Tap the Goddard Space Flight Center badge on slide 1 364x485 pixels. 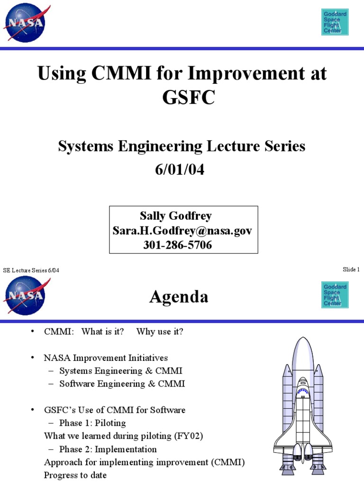pos(335,22)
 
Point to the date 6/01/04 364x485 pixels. pos(182,170)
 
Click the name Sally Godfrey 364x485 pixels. pos(175,216)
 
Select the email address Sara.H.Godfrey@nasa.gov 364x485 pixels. pos(182,231)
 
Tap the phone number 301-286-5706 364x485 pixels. pos(178,245)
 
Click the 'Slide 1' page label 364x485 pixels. pos(351,269)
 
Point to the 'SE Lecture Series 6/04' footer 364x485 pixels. pos(32,270)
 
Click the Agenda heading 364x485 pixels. pos(179,297)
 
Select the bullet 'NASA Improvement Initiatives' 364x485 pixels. pos(106,358)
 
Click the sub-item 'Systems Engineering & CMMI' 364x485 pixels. pos(120,371)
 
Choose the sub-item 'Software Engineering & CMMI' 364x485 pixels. pos(122,384)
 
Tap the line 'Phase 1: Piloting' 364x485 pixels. pos(92,423)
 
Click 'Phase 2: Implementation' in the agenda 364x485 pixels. pos(108,449)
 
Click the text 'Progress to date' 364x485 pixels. pos(75,475)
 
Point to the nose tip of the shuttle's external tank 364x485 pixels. pos(303,338)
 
